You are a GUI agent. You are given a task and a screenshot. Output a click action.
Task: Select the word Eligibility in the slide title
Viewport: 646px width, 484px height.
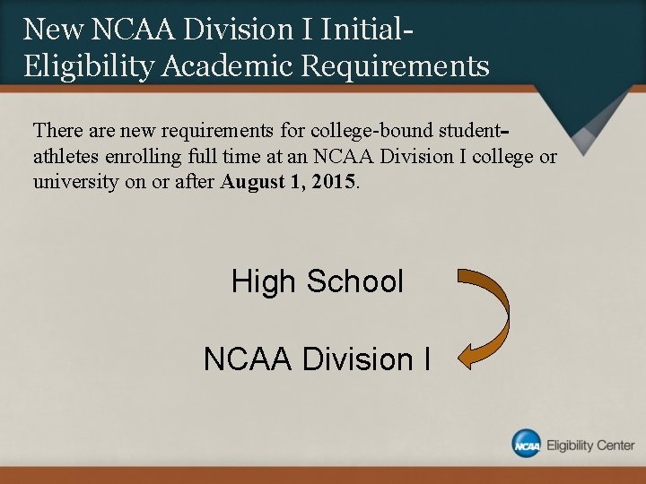pyautogui.click(x=89, y=66)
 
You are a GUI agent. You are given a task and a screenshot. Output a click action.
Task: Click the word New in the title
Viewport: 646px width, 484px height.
pyautogui.click(x=53, y=29)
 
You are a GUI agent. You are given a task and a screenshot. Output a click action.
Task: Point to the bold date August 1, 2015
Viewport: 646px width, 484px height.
pyautogui.click(x=288, y=181)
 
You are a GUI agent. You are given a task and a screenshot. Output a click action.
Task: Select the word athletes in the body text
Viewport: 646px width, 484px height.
pyautogui.click(x=65, y=156)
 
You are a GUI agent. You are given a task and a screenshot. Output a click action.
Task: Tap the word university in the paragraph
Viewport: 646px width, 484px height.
pyautogui.click(x=75, y=182)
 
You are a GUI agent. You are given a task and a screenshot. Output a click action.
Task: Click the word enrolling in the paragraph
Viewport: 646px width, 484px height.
pyautogui.click(x=143, y=157)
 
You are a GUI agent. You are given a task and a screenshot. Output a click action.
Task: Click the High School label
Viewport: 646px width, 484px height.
pyautogui.click(x=318, y=281)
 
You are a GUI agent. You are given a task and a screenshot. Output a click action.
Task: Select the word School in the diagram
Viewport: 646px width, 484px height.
pyautogui.click(x=354, y=281)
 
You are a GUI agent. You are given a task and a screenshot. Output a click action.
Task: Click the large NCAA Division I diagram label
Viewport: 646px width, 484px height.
pyautogui.click(x=317, y=359)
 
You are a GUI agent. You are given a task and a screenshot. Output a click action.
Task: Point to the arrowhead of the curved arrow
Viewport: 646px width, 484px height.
pyautogui.click(x=459, y=358)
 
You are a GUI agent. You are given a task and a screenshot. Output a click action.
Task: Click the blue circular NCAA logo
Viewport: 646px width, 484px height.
pyautogui.click(x=526, y=444)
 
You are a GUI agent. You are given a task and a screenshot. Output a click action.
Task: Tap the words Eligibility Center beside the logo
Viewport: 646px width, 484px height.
pyautogui.click(x=590, y=445)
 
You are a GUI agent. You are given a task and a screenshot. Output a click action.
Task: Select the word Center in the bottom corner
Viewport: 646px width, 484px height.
pyautogui.click(x=615, y=445)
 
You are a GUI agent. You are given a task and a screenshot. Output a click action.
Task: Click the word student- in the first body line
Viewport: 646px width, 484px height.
pyautogui.click(x=475, y=131)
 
